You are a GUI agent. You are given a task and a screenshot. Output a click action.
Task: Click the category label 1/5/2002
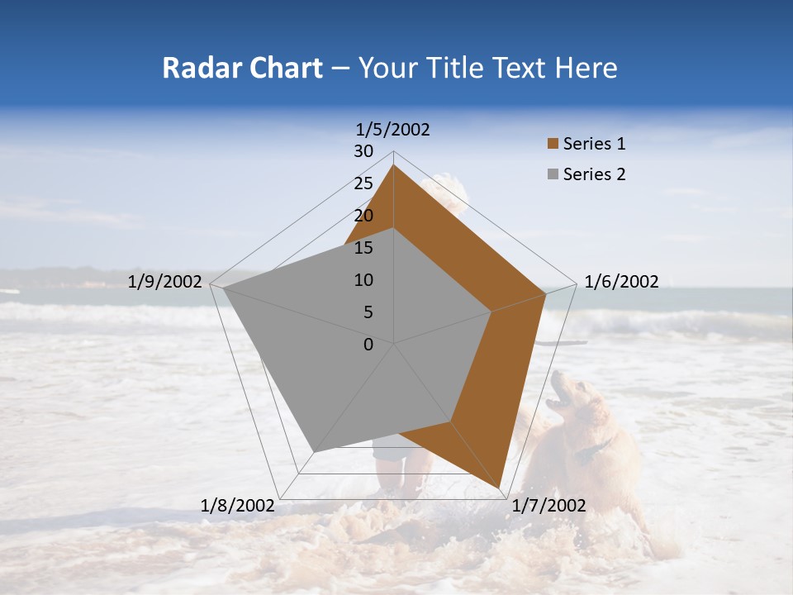[x=393, y=129]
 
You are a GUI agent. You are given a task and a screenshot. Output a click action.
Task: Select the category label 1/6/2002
[x=621, y=282]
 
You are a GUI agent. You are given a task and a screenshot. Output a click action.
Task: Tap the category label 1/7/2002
[x=548, y=506]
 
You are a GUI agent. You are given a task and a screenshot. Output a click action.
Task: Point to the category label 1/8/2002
[x=238, y=506]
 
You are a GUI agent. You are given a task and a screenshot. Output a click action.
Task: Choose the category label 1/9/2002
[x=165, y=282]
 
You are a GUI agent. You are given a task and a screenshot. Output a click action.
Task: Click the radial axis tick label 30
[x=363, y=151]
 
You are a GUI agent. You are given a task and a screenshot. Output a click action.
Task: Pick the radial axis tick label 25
[x=363, y=183]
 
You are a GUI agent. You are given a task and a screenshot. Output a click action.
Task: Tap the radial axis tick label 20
[x=363, y=216]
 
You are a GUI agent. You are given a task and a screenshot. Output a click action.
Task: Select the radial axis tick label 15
[x=363, y=248]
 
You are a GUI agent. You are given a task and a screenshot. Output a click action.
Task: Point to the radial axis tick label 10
[x=363, y=280]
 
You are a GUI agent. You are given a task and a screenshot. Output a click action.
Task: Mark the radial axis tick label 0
[x=368, y=345]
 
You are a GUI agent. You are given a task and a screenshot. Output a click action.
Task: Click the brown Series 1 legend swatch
[x=552, y=144]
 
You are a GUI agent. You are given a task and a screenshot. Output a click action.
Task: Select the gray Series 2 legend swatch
[x=552, y=174]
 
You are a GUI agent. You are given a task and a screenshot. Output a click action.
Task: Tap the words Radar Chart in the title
[x=242, y=68]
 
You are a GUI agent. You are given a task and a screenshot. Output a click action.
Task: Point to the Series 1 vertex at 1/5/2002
[x=393, y=165]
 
